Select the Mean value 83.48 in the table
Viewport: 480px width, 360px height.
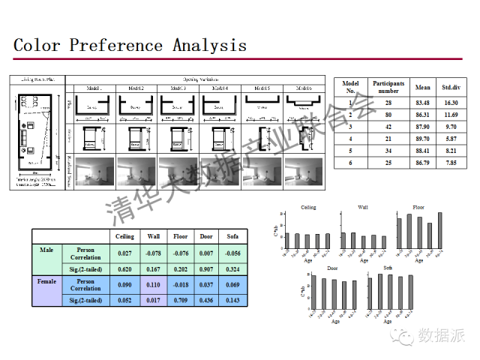point(422,102)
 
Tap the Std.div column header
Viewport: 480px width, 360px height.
point(450,87)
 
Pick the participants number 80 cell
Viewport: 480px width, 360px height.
point(388,115)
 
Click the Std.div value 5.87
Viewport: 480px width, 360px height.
point(450,139)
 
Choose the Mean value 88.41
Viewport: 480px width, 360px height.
point(422,151)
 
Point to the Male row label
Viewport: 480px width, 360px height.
point(46,249)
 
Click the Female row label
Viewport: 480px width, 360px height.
point(46,282)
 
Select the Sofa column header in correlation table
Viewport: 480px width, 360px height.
point(232,236)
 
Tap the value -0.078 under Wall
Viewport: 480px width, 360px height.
point(153,253)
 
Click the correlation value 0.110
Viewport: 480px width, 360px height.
point(153,285)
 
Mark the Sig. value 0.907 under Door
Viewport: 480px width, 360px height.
point(205,268)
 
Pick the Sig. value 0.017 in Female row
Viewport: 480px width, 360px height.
point(153,300)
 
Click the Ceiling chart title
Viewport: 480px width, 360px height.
point(308,208)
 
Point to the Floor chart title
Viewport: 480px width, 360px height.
point(418,207)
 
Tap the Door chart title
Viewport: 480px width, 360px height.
point(333,268)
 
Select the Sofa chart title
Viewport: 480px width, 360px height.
point(388,268)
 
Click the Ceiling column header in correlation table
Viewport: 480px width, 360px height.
point(124,236)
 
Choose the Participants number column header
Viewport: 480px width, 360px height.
point(388,87)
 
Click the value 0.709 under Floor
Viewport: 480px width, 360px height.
point(180,300)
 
